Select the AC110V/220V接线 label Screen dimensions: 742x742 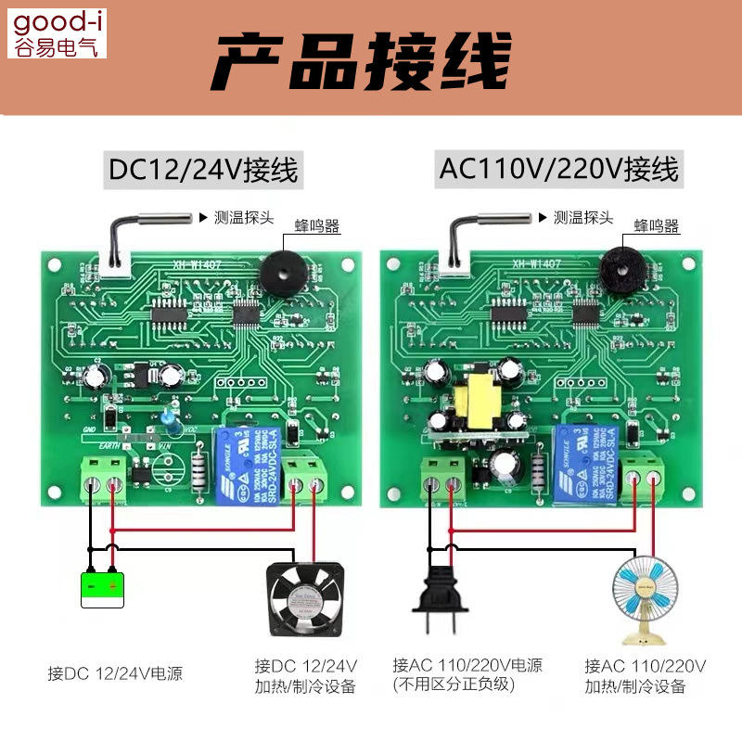[558, 170]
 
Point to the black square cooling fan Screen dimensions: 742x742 [306, 598]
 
